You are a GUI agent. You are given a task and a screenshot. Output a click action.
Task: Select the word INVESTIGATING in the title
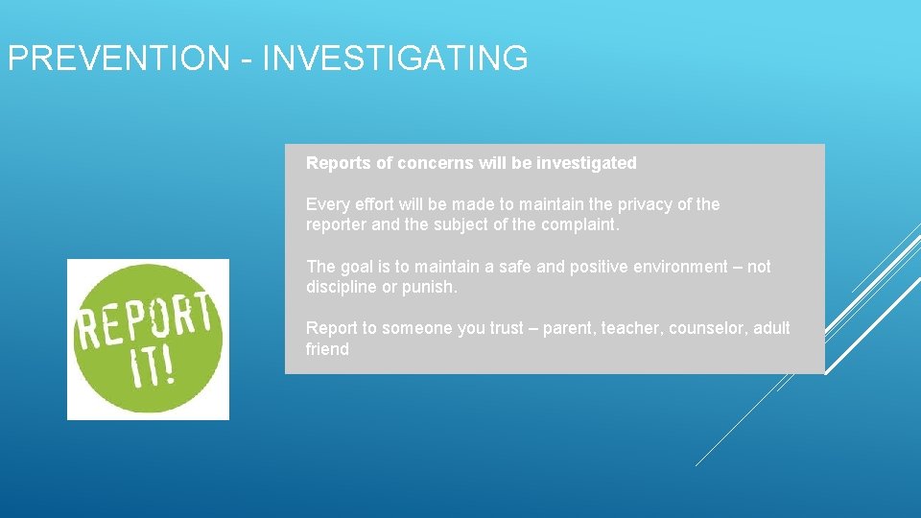pos(394,59)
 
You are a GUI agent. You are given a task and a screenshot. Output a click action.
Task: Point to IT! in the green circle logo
pos(153,366)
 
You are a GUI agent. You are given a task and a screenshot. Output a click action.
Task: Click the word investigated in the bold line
pos(586,163)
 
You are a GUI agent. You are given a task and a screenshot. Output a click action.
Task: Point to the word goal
pos(355,267)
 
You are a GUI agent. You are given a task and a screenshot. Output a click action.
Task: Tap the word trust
pos(507,328)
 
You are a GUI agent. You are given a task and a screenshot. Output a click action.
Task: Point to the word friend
pos(327,349)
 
